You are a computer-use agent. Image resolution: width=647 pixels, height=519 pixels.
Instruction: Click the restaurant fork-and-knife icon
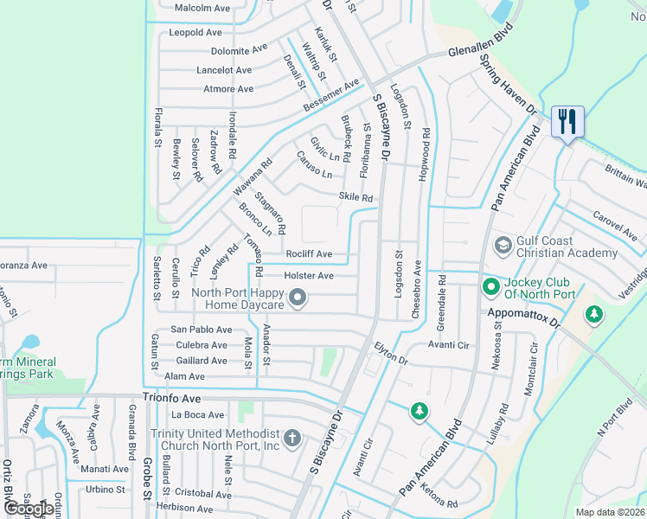tap(567, 121)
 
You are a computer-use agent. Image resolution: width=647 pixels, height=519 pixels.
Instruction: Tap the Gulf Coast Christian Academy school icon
tap(503, 247)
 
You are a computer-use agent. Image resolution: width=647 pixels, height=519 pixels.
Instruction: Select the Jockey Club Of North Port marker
tap(491, 285)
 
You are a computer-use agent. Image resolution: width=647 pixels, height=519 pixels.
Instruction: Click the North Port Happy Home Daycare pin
tap(298, 299)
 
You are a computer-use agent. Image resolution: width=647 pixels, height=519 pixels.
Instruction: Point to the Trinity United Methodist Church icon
tap(292, 439)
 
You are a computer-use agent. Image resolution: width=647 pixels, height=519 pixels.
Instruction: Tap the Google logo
tap(28, 509)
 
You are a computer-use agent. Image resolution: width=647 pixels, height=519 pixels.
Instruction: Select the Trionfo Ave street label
tap(171, 399)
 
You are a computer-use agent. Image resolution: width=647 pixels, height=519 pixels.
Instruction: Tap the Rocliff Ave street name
tap(309, 254)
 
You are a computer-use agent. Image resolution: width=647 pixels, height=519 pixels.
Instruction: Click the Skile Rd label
tap(356, 198)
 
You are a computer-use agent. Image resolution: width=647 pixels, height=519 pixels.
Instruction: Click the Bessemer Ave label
tap(330, 96)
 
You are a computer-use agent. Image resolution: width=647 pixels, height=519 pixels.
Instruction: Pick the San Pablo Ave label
tap(201, 330)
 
